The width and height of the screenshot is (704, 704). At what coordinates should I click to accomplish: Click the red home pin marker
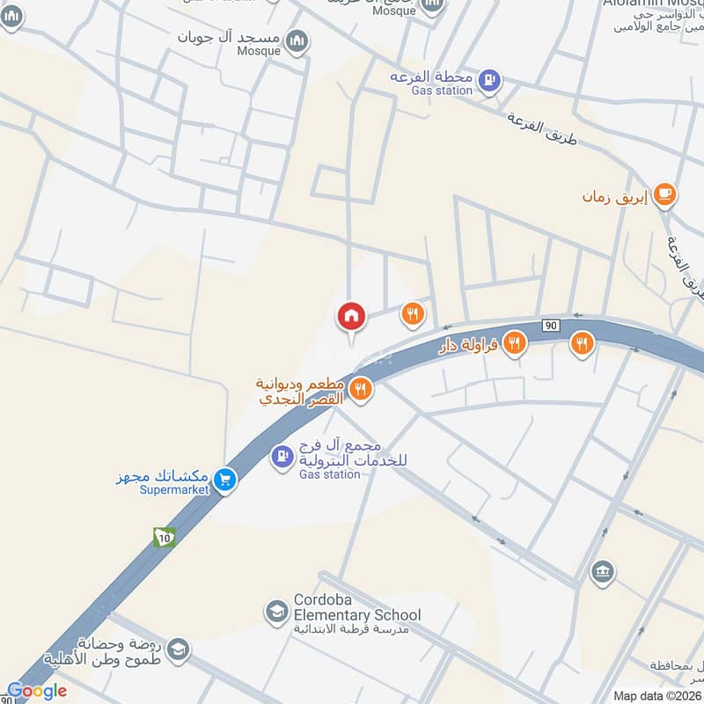[351, 316]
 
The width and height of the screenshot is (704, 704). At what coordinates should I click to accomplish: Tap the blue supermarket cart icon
[226, 480]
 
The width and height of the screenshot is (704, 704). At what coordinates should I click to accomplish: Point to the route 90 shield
[551, 326]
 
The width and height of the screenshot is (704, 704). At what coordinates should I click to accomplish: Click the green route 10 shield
[164, 537]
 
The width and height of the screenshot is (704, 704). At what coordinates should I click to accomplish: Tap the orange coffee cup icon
[665, 194]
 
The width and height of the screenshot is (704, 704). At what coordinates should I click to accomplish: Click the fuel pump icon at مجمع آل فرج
[282, 456]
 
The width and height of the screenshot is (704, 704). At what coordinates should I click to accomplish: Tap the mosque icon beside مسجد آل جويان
[298, 40]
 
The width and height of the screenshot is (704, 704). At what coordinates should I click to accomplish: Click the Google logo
[36, 691]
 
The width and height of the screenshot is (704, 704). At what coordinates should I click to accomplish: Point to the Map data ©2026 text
[657, 695]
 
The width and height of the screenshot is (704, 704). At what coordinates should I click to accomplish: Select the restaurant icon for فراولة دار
[515, 344]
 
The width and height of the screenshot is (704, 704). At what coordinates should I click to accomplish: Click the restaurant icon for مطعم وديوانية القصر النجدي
[360, 389]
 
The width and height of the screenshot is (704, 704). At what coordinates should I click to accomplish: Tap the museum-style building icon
[602, 570]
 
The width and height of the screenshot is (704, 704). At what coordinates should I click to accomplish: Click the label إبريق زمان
[614, 197]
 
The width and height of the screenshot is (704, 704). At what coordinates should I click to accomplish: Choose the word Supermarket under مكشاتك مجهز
[174, 490]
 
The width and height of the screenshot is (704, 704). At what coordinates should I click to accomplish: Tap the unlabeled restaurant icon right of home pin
[412, 312]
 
